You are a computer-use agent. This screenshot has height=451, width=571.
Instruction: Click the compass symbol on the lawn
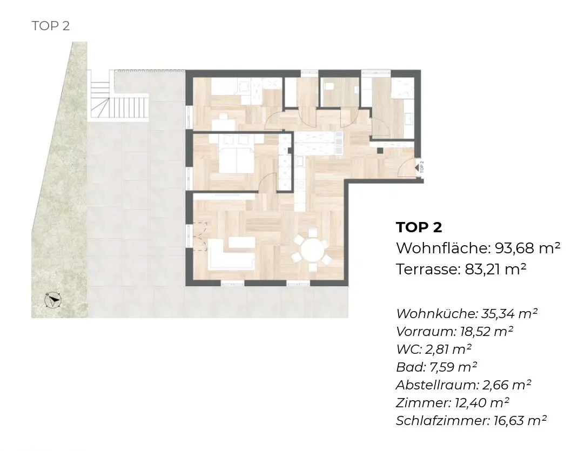53,300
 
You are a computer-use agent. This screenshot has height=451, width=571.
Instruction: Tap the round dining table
313,250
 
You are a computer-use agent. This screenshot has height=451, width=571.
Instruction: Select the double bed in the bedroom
236,153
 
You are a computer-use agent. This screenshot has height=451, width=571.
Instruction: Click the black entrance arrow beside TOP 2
417,167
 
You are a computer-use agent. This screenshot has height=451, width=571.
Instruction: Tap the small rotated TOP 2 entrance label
422,166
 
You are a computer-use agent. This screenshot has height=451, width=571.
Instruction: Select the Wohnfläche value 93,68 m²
527,248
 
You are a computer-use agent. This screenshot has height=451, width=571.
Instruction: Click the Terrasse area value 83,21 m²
495,270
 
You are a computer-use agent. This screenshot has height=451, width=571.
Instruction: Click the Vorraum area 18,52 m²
487,331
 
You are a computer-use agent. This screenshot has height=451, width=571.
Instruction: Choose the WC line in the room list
434,349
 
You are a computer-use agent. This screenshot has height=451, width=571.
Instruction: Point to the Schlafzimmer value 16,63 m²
520,420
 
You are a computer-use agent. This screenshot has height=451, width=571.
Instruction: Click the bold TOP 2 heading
419,227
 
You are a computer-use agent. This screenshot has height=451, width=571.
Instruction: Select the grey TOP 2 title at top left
51,26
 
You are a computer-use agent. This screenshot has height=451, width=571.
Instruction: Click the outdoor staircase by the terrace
119,101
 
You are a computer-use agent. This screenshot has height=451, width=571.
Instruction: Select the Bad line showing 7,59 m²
436,367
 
